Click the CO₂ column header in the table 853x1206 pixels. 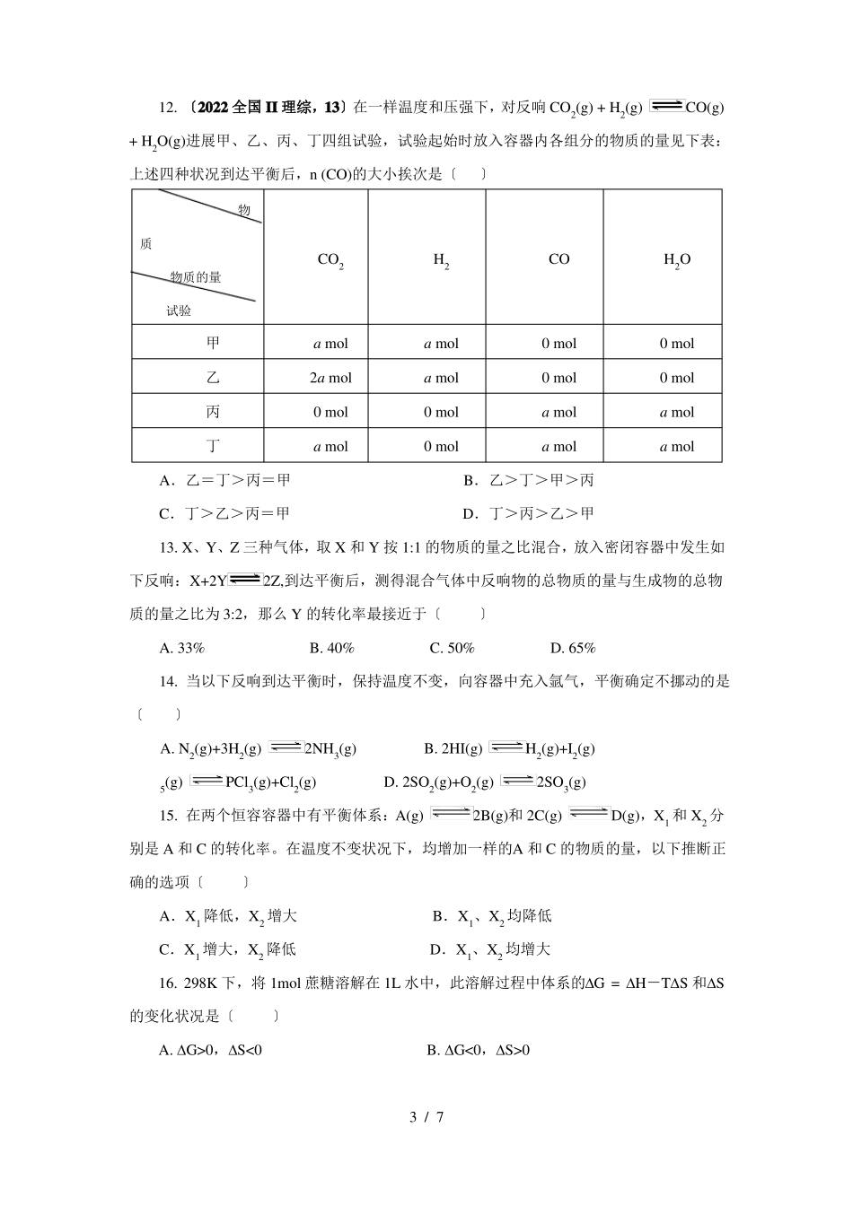pos(330,260)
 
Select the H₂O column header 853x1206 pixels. pos(677,260)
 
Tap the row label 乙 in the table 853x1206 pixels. pos(213,378)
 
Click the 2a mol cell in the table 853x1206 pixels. pos(330,378)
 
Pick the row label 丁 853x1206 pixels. pos(213,446)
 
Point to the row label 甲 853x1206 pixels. pos(213,343)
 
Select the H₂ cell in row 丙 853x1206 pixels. pos(441,412)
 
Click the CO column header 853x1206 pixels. pos(558,259)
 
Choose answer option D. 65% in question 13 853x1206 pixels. pos(573,648)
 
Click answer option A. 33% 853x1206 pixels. pos(182,648)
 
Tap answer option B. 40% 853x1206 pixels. pos(331,648)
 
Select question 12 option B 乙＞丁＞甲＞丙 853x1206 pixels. pos(529,480)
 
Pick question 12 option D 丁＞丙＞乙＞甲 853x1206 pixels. pos(528,513)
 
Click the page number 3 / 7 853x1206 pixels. pos(426,1117)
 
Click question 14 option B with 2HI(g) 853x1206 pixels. pos(509,748)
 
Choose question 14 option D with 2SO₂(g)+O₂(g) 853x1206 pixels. pos(485,782)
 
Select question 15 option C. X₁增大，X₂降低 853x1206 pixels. pos(227,949)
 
